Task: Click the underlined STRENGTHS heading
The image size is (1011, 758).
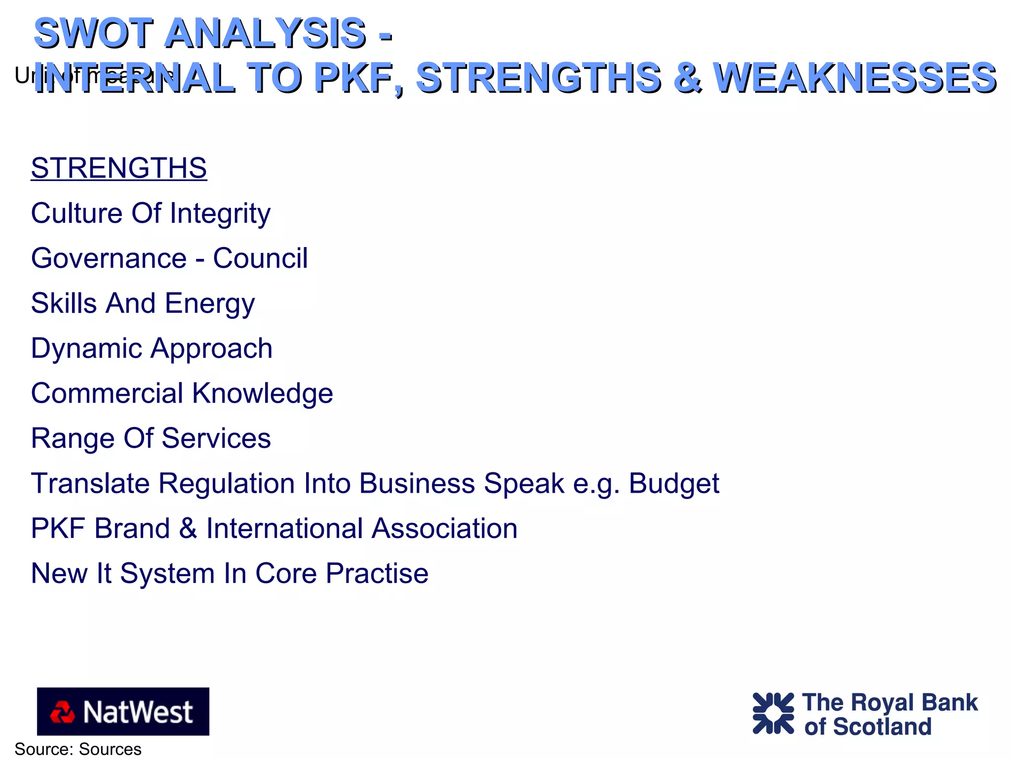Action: (118, 168)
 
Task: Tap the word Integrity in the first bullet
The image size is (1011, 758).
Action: (220, 213)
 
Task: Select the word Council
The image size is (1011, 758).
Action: (260, 258)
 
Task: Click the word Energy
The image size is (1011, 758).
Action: (210, 303)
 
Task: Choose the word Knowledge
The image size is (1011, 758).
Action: (263, 393)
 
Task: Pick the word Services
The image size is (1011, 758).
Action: (216, 438)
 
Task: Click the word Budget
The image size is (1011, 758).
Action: (674, 483)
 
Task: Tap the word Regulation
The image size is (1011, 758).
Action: (227, 483)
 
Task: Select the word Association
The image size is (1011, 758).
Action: (444, 528)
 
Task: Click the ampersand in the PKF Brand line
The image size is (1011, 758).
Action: (188, 528)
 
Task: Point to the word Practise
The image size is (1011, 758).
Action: (377, 573)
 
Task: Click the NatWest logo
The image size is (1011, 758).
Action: (123, 712)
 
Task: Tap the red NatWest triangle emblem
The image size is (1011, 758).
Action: (62, 712)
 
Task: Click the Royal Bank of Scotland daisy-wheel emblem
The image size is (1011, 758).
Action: (773, 714)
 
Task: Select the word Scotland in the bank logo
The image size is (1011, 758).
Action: (882, 727)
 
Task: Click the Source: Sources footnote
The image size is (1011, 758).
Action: (78, 749)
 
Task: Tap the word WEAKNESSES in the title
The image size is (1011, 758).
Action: (855, 78)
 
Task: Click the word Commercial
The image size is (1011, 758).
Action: (107, 393)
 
